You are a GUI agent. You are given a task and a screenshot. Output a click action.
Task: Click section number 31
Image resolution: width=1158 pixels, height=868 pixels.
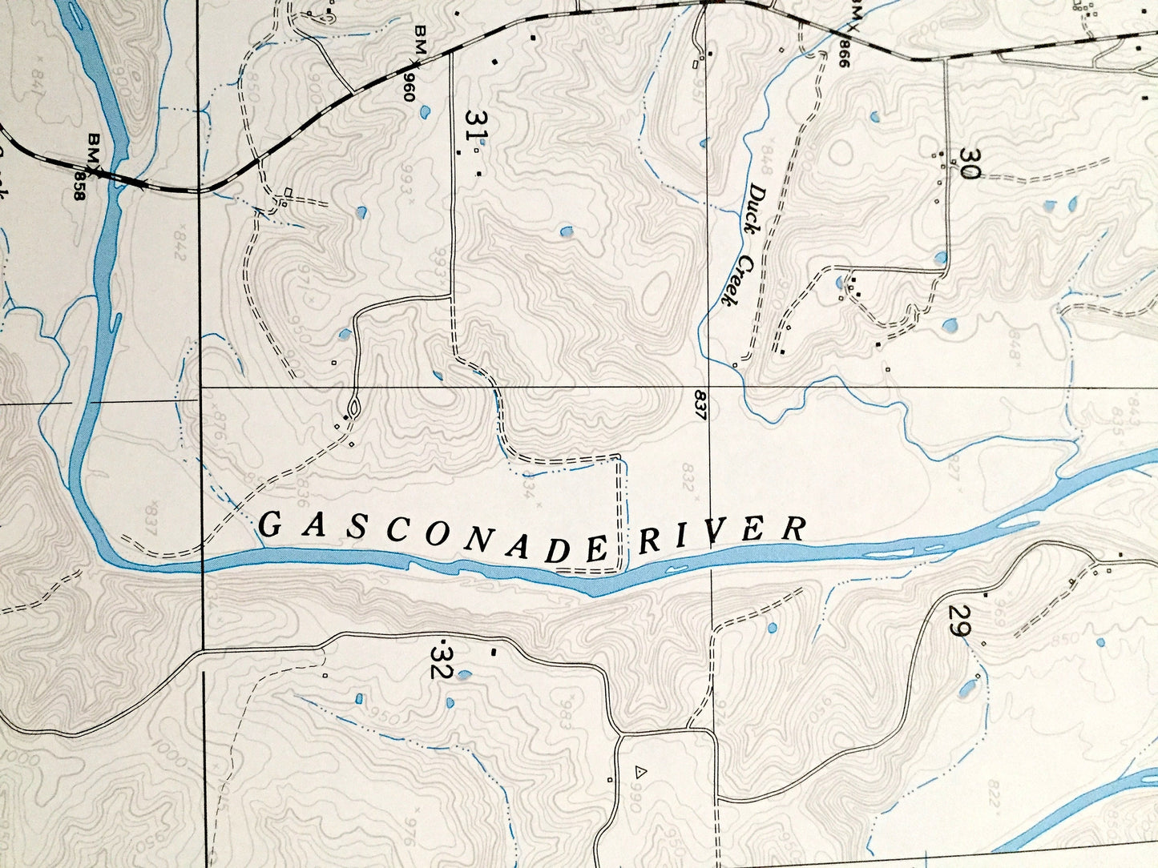475,127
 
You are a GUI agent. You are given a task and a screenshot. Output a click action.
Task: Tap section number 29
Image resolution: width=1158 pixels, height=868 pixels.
956,621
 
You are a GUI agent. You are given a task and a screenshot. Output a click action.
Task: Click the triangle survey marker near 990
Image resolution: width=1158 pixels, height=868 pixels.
640,772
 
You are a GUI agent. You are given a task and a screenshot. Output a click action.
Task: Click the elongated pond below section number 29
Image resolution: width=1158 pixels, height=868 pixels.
968,689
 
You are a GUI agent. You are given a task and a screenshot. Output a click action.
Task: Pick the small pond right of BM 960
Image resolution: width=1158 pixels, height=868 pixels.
423,111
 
